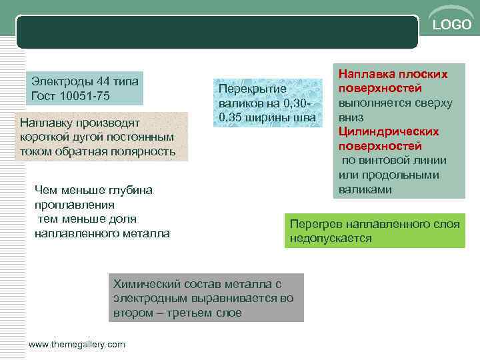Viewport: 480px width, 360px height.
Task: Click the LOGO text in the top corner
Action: point(452,25)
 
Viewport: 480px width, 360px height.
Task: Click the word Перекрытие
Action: point(252,89)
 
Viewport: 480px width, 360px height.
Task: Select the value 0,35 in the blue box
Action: point(231,119)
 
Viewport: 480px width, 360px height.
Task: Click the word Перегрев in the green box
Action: point(313,224)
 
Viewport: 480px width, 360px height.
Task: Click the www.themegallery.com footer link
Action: point(77,344)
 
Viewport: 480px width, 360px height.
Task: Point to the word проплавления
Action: point(74,205)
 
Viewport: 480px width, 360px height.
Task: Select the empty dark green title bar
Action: point(217,32)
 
